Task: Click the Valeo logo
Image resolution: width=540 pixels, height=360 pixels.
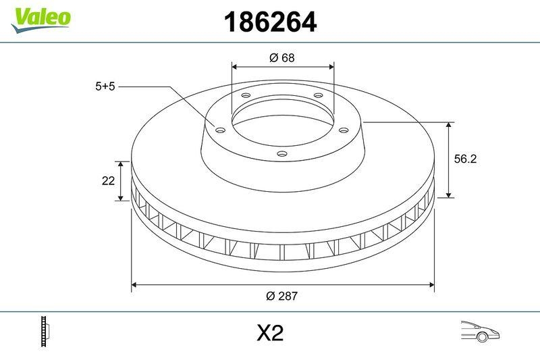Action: (x=40, y=18)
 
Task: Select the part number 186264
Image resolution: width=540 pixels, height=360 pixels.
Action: (x=270, y=23)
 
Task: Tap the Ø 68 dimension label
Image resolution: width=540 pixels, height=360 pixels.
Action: (x=282, y=58)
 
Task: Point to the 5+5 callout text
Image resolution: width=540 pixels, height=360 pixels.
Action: (x=105, y=86)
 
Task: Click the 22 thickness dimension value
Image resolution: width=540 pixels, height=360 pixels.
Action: (x=107, y=180)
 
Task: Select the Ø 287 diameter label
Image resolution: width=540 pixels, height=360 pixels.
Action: (x=283, y=296)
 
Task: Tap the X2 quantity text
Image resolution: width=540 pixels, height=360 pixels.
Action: (x=270, y=333)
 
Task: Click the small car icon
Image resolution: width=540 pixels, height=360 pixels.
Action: (x=479, y=332)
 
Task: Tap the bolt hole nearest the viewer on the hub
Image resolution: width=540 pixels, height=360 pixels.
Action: (x=282, y=155)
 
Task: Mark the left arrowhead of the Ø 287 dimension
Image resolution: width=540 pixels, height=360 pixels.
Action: (x=134, y=285)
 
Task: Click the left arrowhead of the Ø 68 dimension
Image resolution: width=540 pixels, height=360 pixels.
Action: (x=235, y=66)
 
